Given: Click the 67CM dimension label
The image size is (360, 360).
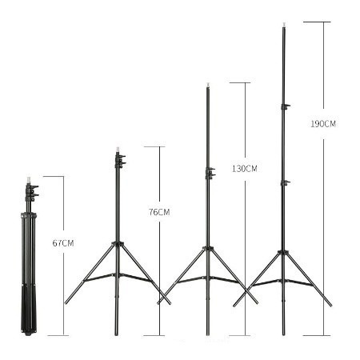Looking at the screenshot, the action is click(63, 243).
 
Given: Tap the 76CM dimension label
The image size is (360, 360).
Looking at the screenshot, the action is click(159, 212).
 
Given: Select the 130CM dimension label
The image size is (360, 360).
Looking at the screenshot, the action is click(245, 169).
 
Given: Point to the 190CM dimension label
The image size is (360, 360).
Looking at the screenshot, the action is click(323, 124).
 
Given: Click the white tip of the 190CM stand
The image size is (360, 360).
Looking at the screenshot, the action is click(284, 25).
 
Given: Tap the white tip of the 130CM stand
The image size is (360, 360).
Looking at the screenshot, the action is click(208, 86).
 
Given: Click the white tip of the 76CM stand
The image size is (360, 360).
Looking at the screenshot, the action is click(118, 150).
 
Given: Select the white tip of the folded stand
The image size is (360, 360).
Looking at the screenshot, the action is click(28, 180).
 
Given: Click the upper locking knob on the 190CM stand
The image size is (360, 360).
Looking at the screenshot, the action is click(286, 106).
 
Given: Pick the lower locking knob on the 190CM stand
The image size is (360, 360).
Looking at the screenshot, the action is click(286, 182).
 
